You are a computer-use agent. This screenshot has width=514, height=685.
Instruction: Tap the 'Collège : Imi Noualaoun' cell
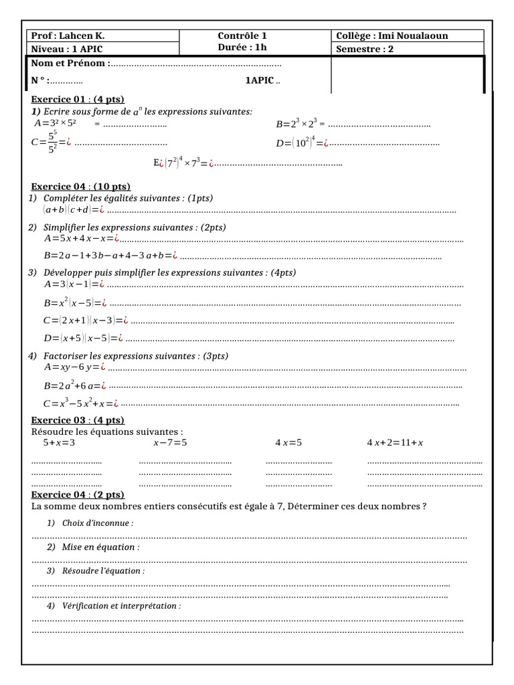point(391,36)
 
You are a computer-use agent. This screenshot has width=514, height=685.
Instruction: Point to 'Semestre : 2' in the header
point(367,50)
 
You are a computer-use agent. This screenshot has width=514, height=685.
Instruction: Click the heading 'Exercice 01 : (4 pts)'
point(78,100)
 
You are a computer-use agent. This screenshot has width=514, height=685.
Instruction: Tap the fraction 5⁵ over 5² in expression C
point(52,142)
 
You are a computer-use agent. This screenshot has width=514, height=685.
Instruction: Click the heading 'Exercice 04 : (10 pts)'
point(81,187)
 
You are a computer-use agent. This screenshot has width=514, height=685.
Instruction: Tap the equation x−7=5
point(170,443)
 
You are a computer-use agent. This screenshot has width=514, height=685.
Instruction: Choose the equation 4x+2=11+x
point(395,443)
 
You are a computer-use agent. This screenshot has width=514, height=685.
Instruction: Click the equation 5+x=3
point(59,443)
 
